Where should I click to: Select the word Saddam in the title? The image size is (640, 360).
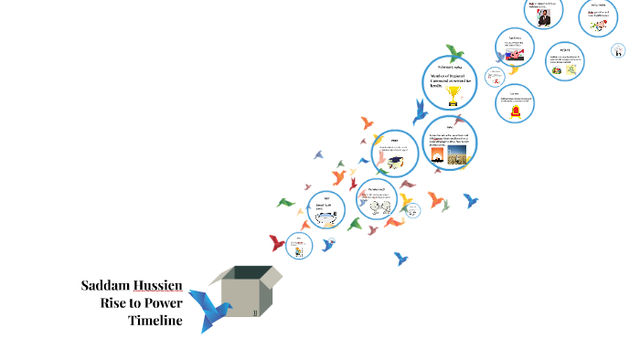pyautogui.click(x=103, y=285)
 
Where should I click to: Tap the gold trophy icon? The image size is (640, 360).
pyautogui.click(x=449, y=99)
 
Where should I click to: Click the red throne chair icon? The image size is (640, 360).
pyautogui.click(x=515, y=111)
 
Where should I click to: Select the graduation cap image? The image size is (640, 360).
pyautogui.click(x=396, y=162)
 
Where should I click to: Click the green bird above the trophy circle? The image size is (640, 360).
pyautogui.click(x=457, y=53)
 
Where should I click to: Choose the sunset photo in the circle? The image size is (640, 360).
pyautogui.click(x=433, y=155)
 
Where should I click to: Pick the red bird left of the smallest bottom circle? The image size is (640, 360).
pyautogui.click(x=277, y=244)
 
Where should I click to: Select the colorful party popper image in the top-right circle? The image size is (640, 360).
pyautogui.click(x=598, y=27)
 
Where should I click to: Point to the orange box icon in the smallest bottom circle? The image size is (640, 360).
pyautogui.click(x=298, y=247)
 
